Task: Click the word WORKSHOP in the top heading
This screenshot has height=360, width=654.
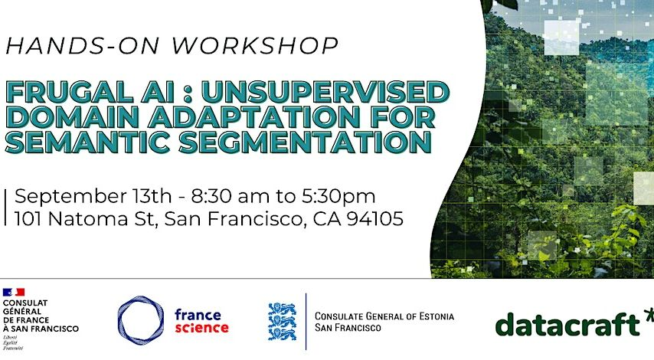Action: (255, 45)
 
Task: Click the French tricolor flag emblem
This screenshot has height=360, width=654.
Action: (14, 292)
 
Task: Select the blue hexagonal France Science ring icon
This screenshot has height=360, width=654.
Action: (140, 319)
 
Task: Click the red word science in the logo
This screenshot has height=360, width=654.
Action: (201, 327)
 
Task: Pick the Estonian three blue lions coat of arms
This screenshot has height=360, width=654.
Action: (282, 321)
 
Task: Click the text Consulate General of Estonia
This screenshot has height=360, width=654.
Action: (384, 316)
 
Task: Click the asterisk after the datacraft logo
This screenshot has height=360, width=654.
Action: (648, 316)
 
